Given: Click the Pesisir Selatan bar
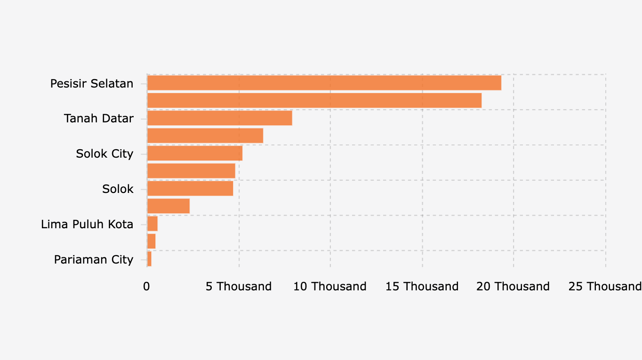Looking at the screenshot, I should point(324,83).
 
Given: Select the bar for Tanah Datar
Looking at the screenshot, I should point(219,118).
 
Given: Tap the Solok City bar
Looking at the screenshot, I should point(194,153).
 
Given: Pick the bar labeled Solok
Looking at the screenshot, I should point(190,189).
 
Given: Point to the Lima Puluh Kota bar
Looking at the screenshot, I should point(152,224).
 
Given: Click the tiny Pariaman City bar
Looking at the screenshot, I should point(149,259).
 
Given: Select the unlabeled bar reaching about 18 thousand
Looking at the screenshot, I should point(314,100).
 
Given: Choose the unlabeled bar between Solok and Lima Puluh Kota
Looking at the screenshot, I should point(168,206).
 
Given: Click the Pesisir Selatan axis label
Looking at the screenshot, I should point(92,84).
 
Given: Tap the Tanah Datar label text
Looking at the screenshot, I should point(99,119).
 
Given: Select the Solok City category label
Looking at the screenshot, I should point(104,154).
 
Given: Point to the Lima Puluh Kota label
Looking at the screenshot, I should point(87,224).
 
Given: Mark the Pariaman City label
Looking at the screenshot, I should point(94,260).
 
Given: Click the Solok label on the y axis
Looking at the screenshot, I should point(118,189).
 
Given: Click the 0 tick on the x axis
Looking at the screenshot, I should point(146,287).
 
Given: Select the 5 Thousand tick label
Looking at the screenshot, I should point(239,287).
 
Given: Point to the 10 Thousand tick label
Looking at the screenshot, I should point(330,287).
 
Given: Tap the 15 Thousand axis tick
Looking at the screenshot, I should point(422,287).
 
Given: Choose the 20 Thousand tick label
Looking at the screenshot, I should point(513,287).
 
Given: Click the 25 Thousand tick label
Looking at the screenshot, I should point(605,287).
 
